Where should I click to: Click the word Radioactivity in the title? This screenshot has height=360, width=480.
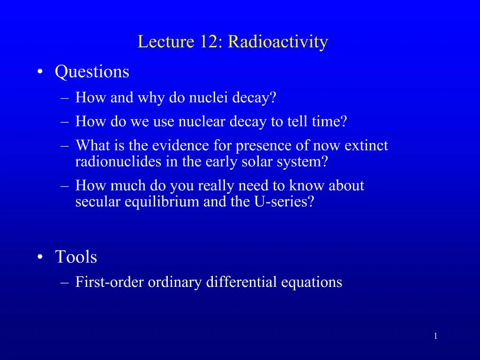point(278,42)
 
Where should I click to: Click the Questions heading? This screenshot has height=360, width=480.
point(92,72)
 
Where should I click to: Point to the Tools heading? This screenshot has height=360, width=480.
point(76,257)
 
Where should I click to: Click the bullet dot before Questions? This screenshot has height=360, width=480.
point(41,72)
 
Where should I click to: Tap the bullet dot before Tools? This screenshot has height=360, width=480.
point(41,257)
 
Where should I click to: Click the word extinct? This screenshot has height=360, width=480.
point(366,146)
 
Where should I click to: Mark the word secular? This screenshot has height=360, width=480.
point(98,202)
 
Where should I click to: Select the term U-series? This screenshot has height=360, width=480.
point(289,202)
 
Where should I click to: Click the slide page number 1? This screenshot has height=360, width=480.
point(436,336)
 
